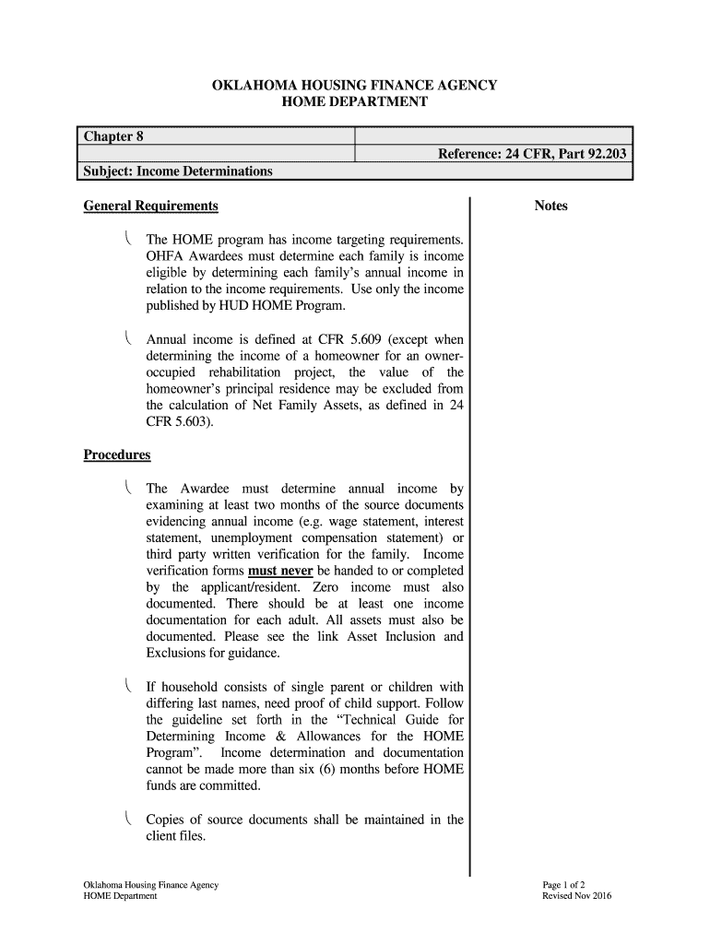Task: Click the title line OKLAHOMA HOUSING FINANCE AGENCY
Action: [x=354, y=85]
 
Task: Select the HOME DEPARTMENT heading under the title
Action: [x=354, y=101]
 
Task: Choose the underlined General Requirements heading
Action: [x=150, y=206]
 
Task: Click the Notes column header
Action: [x=550, y=206]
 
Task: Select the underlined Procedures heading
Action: [x=117, y=455]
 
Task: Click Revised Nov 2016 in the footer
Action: [x=578, y=896]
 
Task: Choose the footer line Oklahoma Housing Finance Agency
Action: [x=150, y=885]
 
